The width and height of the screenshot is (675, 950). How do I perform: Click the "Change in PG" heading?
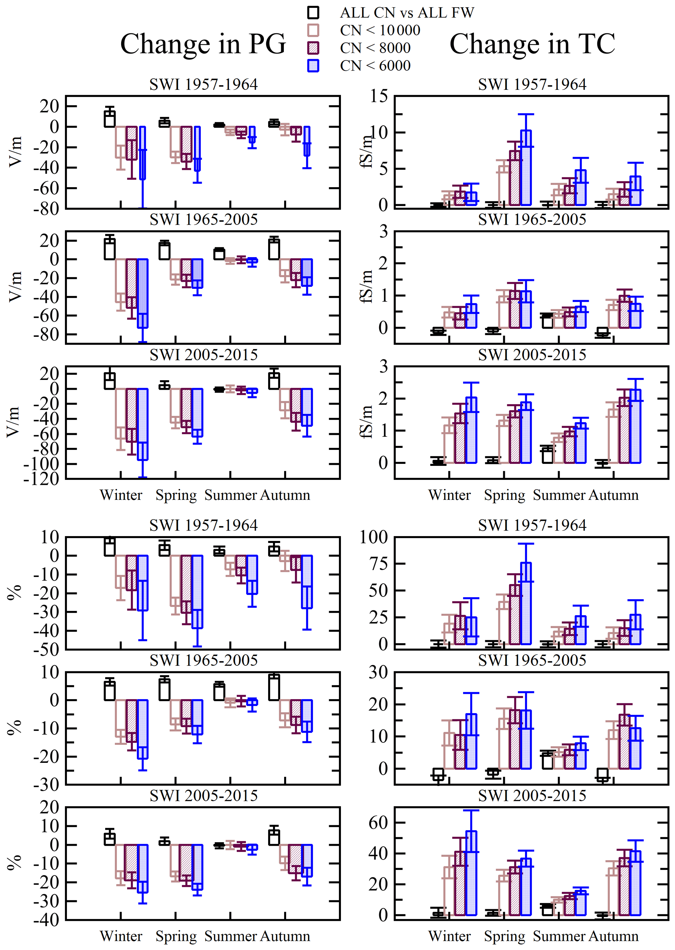point(203,44)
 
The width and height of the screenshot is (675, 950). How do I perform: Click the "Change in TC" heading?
point(532,44)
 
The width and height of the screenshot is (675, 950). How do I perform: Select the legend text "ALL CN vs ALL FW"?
point(407,13)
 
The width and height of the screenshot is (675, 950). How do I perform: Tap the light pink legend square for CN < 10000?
point(313,30)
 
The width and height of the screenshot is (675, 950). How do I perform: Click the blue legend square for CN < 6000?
point(313,66)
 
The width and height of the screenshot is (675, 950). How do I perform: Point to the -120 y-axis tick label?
point(41,479)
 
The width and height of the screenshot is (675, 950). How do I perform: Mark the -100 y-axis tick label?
point(41,464)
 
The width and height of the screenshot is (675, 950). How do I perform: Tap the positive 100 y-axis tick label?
point(374,537)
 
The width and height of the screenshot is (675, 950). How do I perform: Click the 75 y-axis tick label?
point(378,564)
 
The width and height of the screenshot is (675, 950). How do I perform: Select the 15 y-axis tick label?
point(379,96)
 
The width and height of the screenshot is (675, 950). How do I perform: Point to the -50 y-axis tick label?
point(46,649)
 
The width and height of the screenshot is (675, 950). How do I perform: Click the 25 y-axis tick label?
point(378,617)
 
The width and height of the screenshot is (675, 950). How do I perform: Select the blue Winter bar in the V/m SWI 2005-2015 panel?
point(143,424)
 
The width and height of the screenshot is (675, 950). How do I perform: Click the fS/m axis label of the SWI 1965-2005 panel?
point(366,287)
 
